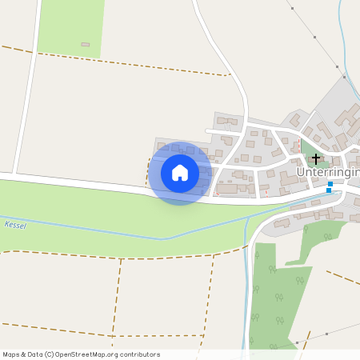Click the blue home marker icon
180,173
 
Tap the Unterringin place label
328,172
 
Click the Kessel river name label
15,226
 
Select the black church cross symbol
316,158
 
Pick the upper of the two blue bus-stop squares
330,184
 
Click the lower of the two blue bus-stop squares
328,191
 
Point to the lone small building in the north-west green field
86,45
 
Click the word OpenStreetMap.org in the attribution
94,354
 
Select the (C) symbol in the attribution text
49,354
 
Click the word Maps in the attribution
11,354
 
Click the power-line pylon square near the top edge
293,8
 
